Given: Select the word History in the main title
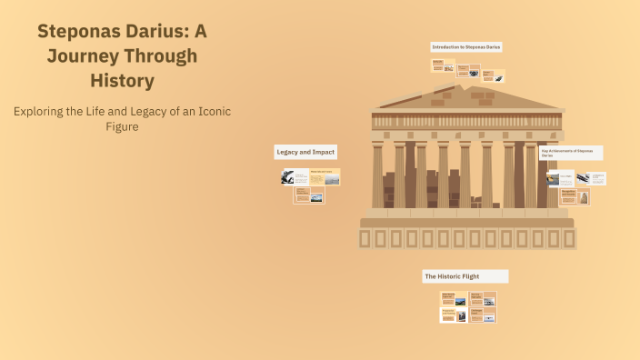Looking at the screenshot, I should (122, 80).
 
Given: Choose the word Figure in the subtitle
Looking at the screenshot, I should (122, 126).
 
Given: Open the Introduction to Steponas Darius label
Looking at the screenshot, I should (466, 46).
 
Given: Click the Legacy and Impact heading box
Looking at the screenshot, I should (305, 152).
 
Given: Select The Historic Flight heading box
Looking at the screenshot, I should (465, 275).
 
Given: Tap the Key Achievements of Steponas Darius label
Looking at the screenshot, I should (570, 153).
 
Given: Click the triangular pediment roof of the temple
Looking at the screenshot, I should (467, 94).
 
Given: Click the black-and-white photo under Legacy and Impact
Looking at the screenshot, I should (287, 177).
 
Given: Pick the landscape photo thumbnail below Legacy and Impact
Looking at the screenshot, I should (316, 196).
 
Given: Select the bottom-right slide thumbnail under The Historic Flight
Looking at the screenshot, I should (483, 315).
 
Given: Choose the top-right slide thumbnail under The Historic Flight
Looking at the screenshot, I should (483, 298).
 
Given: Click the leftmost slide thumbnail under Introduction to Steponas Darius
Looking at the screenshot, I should (443, 65).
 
